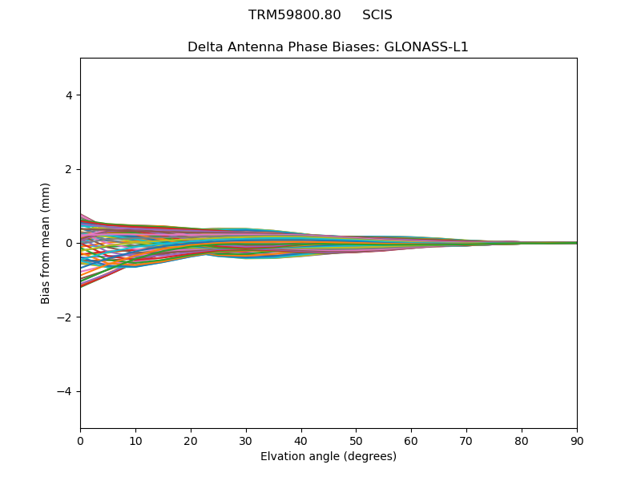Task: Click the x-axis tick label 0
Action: click(80, 440)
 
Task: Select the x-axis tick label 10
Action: click(135, 440)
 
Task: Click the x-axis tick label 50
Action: click(356, 440)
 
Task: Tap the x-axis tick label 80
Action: click(522, 440)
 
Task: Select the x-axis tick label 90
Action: click(577, 440)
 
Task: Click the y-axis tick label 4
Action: click(69, 95)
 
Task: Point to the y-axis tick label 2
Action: click(69, 169)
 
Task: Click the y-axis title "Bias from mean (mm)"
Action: click(46, 243)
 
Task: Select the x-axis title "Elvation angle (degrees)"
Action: click(329, 456)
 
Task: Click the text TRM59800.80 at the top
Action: click(295, 15)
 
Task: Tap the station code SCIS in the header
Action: click(377, 15)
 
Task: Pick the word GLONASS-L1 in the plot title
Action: click(426, 47)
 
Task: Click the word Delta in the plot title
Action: click(204, 47)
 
